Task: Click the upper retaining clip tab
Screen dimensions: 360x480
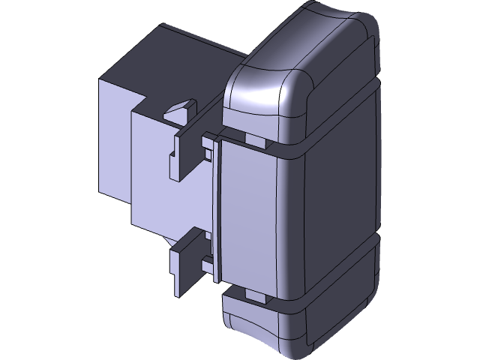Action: coord(182,154)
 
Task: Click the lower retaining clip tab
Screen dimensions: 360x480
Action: coord(184,266)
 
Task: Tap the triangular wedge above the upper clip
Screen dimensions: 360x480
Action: coord(178,112)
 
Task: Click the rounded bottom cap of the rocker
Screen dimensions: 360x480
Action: coord(300,326)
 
